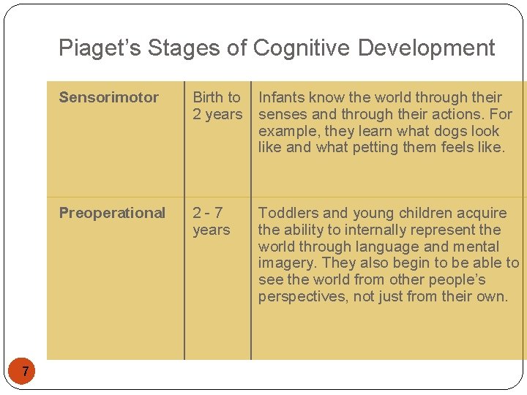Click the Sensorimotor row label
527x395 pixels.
point(108,97)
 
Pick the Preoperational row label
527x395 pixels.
point(112,213)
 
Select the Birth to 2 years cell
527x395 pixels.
point(217,106)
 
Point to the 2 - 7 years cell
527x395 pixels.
point(211,221)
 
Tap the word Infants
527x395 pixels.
point(282,97)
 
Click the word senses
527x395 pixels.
point(283,114)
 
